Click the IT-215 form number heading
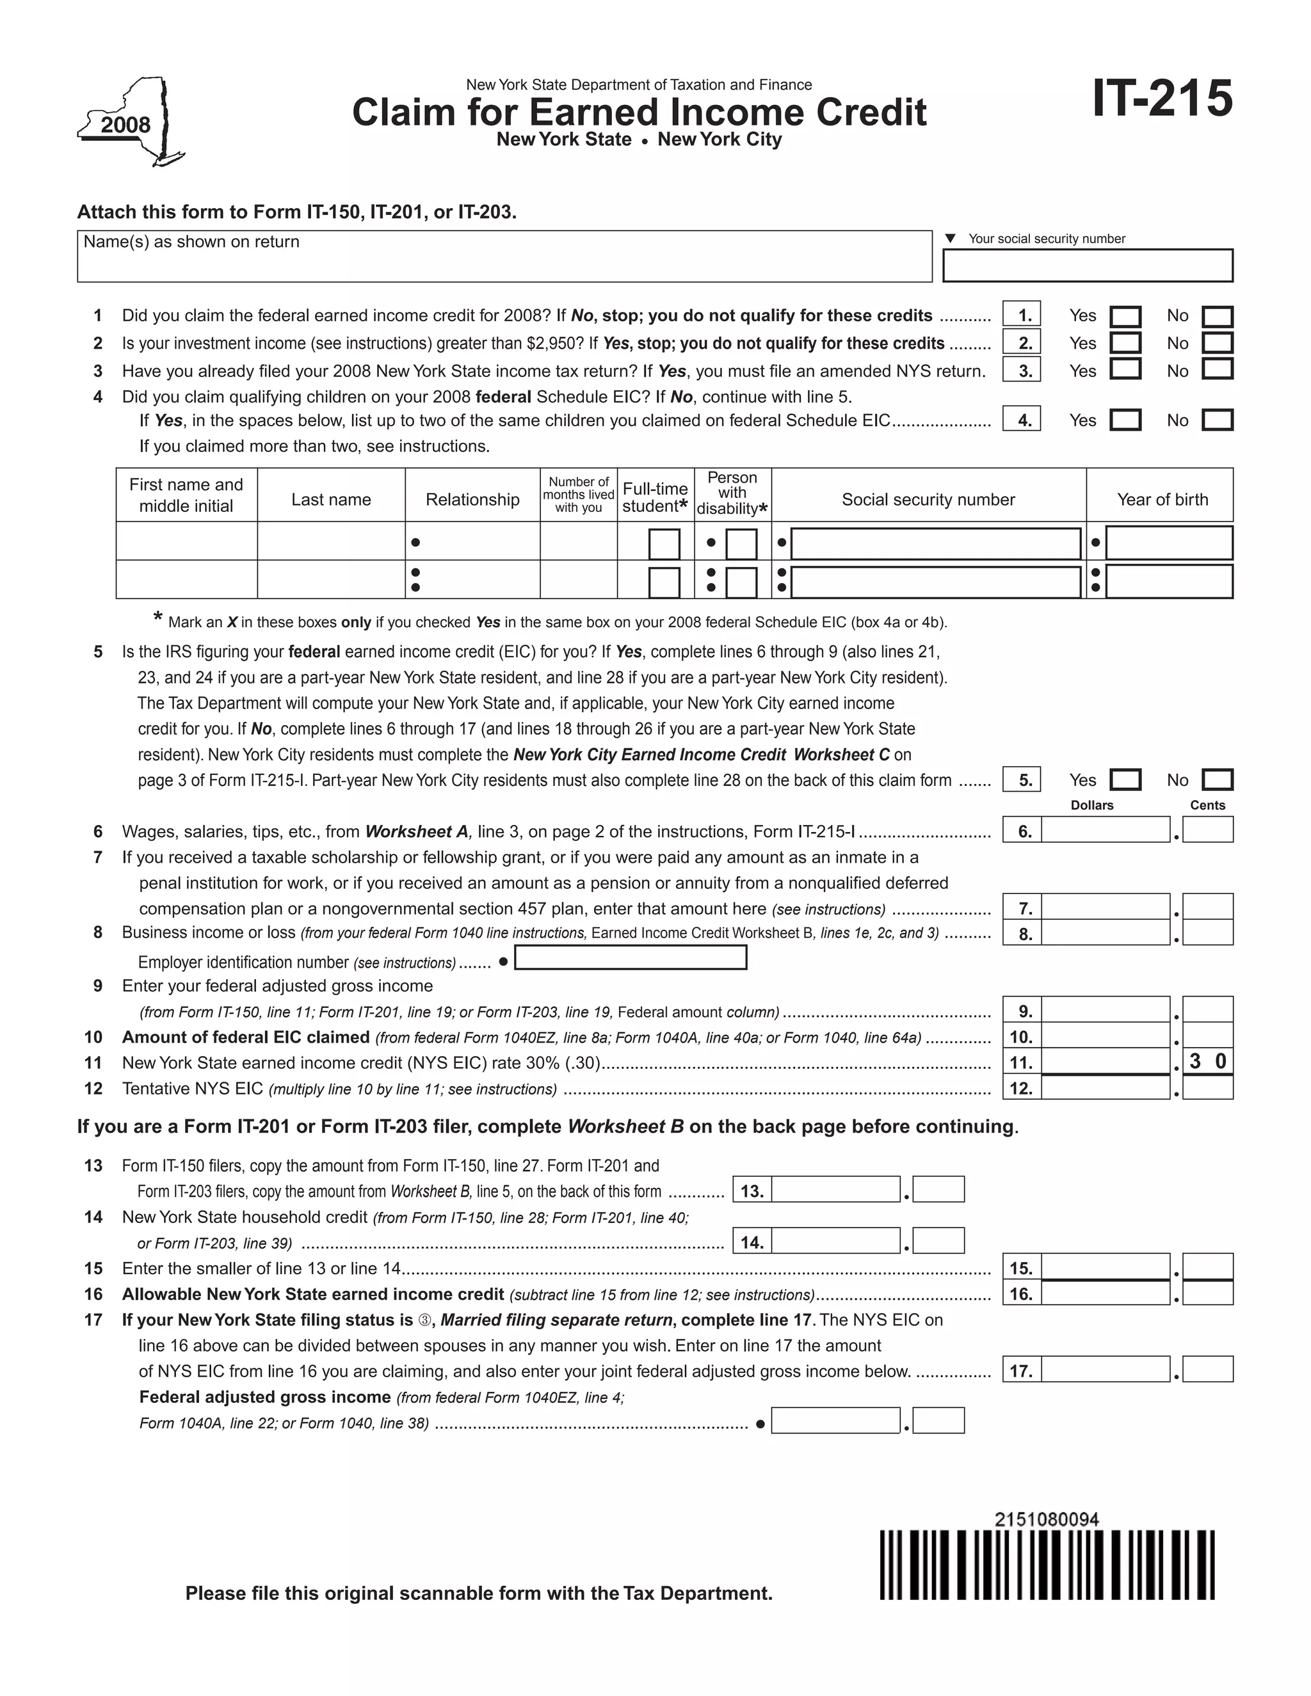point(1162,99)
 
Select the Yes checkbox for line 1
point(1125,317)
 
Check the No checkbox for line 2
point(1217,343)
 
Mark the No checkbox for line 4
point(1217,420)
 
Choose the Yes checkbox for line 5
point(1125,780)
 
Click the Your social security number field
point(1088,266)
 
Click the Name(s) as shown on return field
point(505,256)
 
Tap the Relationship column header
point(472,499)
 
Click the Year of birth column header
point(1162,499)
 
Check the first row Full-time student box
point(664,543)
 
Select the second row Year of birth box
point(1169,582)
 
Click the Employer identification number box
point(631,957)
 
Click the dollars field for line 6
point(1105,830)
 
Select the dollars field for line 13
point(835,1190)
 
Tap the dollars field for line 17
point(1105,1369)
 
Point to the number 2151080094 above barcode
point(1047,1520)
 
